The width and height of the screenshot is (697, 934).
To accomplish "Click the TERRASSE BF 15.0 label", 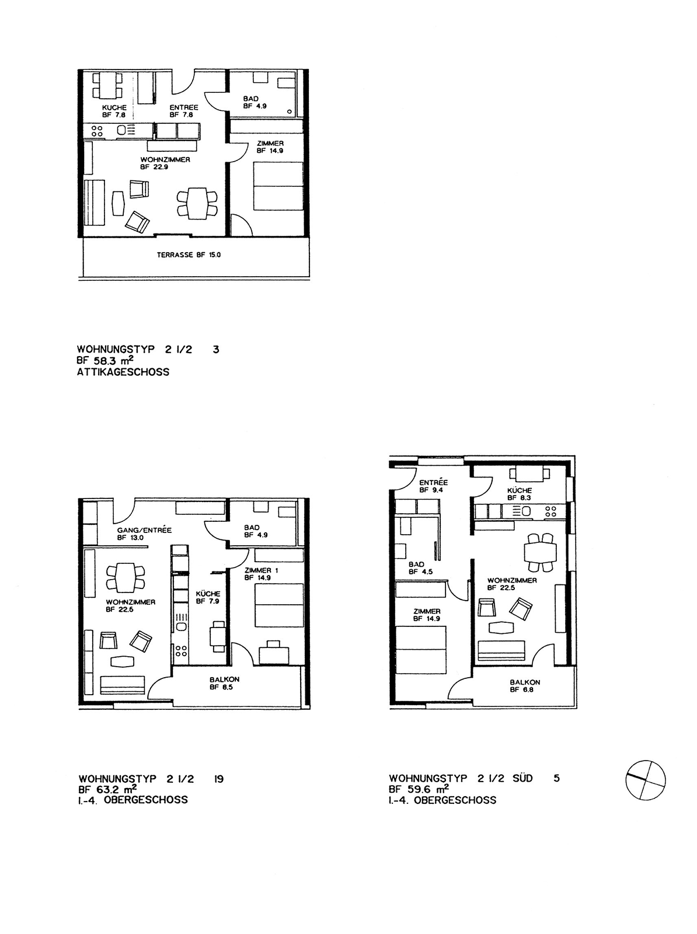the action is (x=189, y=255).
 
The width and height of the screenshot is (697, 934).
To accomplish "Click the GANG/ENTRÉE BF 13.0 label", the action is (x=144, y=534).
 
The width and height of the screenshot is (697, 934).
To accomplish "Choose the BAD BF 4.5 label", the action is (x=420, y=568).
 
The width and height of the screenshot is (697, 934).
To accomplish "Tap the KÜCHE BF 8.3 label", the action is (x=519, y=494).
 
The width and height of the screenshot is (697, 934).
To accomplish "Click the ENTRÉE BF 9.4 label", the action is (x=433, y=486).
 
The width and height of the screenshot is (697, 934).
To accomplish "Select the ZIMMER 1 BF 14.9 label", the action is (x=261, y=574).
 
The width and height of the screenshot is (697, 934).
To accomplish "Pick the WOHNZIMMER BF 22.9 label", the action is (x=165, y=163).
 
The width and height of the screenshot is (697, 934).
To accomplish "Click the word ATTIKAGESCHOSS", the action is (x=123, y=372).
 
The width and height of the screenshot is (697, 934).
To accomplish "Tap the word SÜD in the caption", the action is (x=522, y=778).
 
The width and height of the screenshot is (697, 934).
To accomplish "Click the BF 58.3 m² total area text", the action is (x=105, y=361).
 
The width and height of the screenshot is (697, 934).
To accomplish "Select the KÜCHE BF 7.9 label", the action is (x=208, y=597).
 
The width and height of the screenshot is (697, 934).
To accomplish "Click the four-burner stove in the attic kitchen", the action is (x=97, y=130).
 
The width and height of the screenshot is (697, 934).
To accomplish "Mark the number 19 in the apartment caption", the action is (x=218, y=779).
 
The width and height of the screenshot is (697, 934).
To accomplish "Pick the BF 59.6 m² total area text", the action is (x=419, y=789).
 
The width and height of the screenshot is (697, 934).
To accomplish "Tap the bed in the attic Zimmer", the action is (x=278, y=186).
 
